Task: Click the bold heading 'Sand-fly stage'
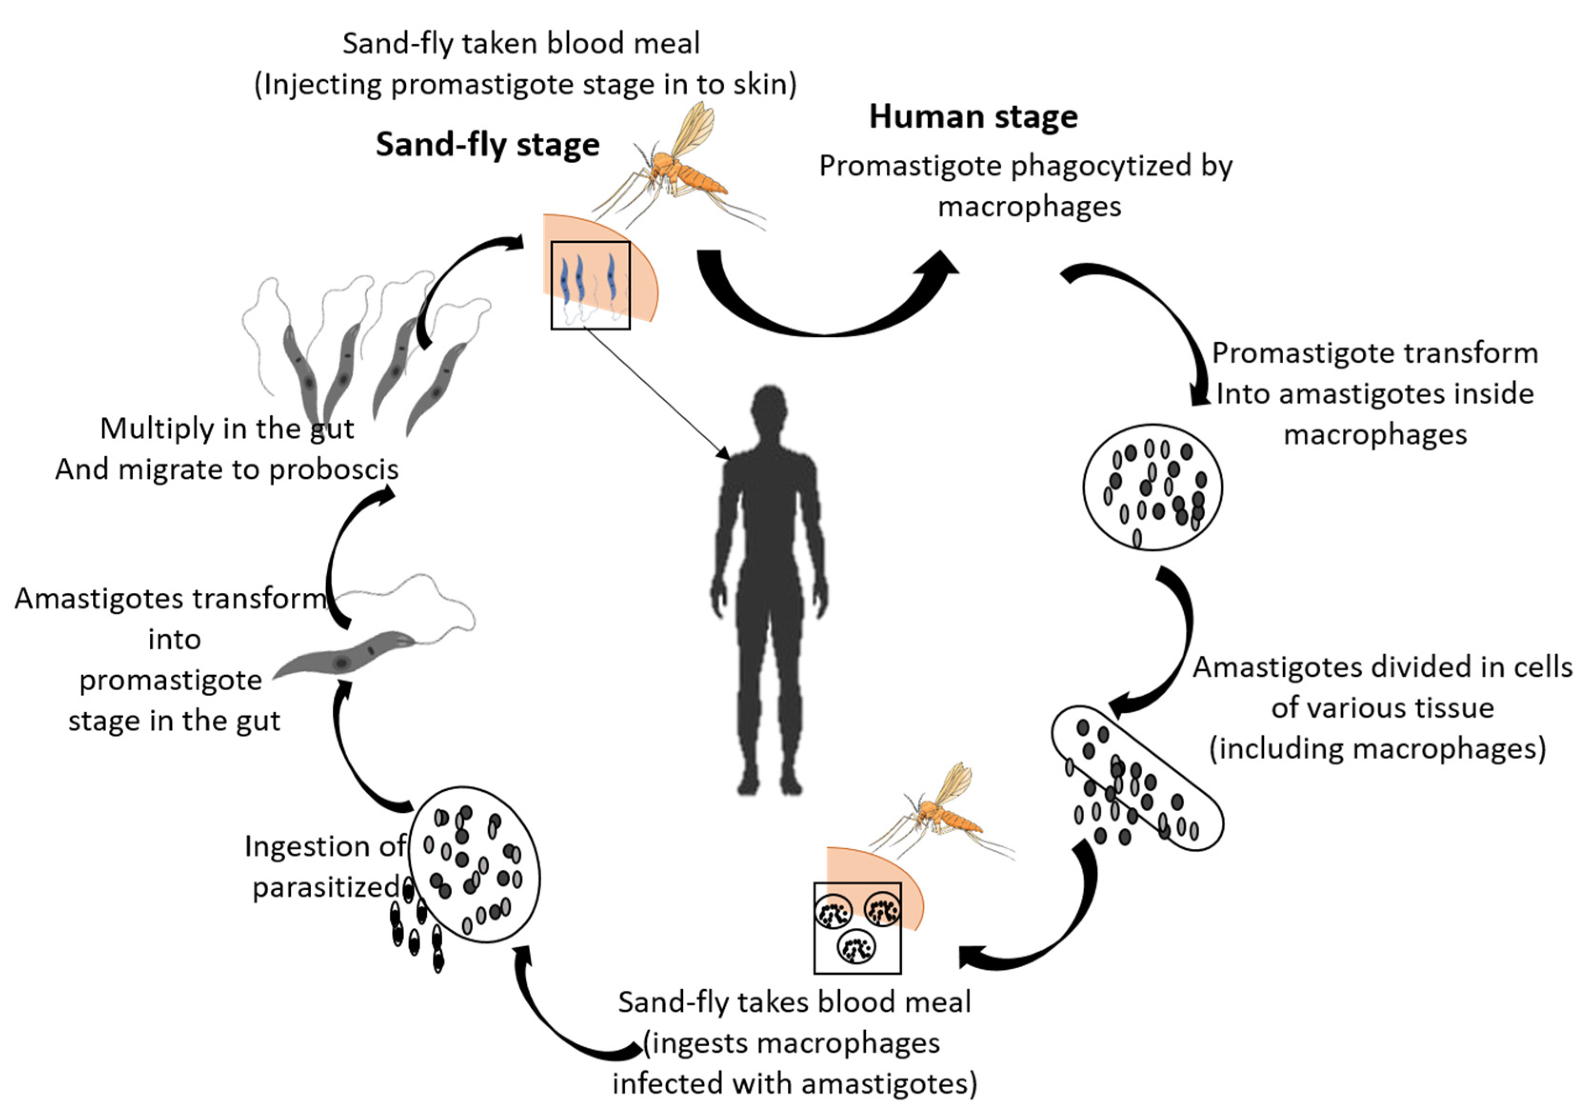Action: click(488, 145)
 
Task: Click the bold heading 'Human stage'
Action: click(973, 117)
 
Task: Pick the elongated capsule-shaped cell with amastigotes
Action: click(1137, 778)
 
